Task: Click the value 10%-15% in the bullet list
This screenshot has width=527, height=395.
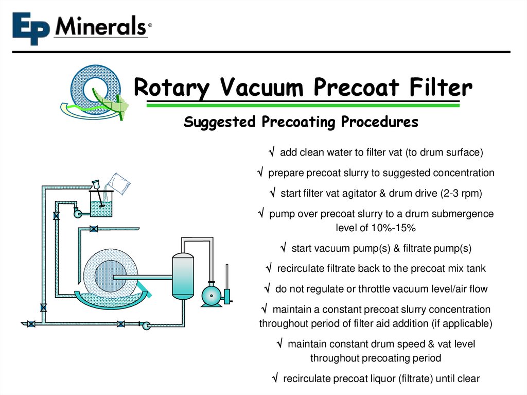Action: pos(376,228)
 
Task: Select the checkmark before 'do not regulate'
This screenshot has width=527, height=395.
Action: pos(267,289)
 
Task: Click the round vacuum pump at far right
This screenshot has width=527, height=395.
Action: pos(210,295)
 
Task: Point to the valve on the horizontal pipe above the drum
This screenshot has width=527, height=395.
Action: pos(94,228)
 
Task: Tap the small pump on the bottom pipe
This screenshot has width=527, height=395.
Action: pos(146,324)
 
